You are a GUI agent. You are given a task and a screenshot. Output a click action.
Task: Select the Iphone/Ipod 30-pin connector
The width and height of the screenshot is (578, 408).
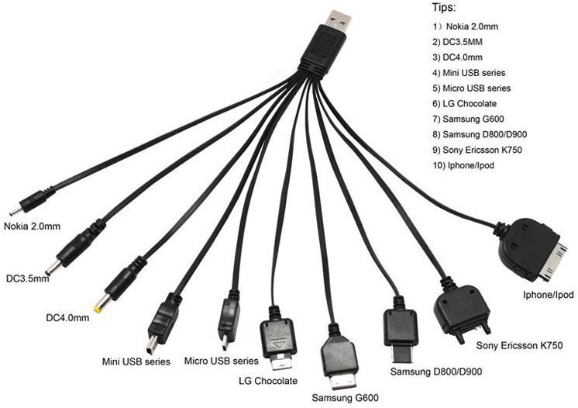coord(535,247)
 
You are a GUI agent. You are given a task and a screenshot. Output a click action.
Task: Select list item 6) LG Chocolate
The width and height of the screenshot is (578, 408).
coord(464,103)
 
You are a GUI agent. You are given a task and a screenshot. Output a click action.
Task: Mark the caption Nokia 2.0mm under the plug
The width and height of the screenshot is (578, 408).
coord(32,227)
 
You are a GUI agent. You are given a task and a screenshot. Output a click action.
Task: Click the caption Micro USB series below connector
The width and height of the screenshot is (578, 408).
coord(221,361)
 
